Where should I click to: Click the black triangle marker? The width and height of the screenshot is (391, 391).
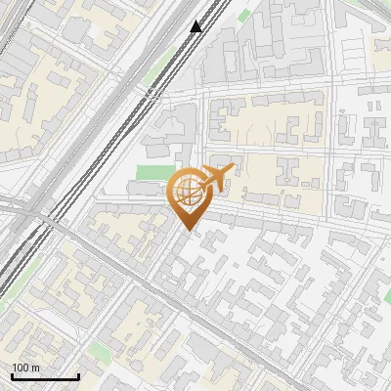click(x=196, y=26)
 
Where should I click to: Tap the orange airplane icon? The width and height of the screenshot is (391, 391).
click(x=216, y=179)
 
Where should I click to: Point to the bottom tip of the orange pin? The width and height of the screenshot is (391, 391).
click(x=187, y=231)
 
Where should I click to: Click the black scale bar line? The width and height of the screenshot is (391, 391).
click(x=45, y=376)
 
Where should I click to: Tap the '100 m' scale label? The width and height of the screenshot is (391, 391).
click(x=26, y=367)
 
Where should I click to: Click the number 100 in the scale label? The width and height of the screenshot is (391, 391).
click(x=22, y=367)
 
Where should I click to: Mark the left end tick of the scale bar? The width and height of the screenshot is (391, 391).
click(x=12, y=374)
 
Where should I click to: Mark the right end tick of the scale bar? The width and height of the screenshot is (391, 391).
click(x=78, y=374)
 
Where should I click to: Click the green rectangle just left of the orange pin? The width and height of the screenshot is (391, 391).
click(x=150, y=174)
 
